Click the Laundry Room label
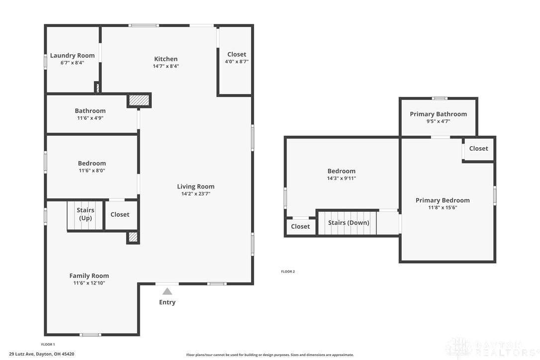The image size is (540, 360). click(72, 56)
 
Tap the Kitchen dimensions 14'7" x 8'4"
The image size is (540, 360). click(166, 66)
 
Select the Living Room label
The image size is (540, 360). click(195, 186)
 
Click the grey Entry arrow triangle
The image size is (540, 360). click(167, 291)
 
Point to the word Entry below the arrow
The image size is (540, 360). click(167, 302)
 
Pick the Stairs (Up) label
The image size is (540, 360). click(86, 214)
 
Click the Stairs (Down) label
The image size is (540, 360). click(349, 223)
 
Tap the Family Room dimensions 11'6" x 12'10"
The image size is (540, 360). click(89, 283)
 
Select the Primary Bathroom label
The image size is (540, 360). click(439, 114)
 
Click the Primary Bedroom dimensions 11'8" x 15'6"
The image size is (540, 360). click(443, 208)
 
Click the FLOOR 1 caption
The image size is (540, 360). click(48, 344)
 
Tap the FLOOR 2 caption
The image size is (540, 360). click(288, 271)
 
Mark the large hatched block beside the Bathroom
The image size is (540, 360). click(139, 100)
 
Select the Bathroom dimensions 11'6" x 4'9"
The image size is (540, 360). click(90, 118)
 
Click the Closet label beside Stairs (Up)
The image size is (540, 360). click(120, 214)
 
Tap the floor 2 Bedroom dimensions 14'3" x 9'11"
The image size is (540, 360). click(341, 179)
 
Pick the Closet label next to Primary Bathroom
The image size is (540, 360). click(478, 149)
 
